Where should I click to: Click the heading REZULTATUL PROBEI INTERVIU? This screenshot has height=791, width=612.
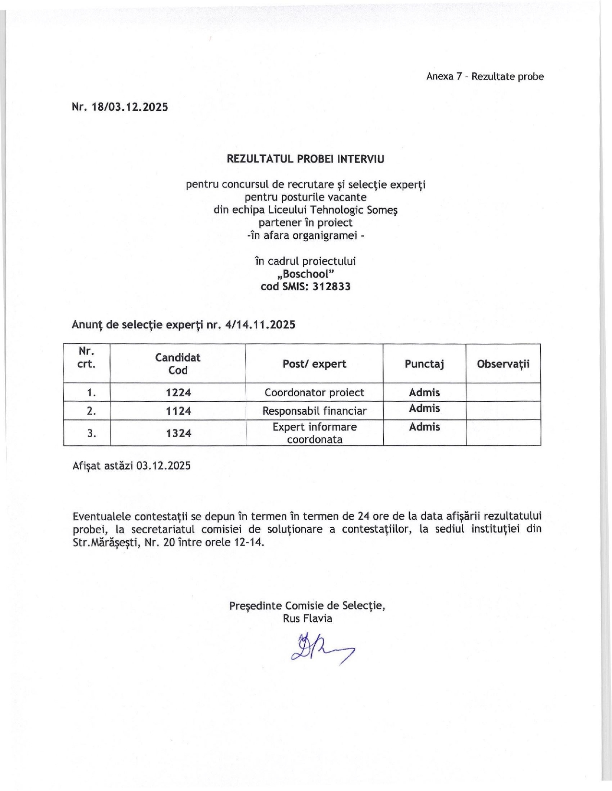click(305, 159)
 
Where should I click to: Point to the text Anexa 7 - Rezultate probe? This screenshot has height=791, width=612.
click(485, 77)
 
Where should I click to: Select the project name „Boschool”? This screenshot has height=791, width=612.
click(305, 274)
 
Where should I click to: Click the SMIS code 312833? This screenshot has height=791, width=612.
click(331, 287)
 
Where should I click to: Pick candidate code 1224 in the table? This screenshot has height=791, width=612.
click(179, 393)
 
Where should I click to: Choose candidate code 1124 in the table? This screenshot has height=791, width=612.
click(179, 411)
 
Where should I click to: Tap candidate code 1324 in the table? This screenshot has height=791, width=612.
click(179, 433)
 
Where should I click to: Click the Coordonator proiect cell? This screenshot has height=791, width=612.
click(314, 393)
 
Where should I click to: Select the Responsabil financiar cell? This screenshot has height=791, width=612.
click(314, 411)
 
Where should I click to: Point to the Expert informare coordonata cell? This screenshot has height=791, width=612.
click(314, 433)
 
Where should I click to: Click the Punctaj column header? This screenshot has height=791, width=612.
click(424, 364)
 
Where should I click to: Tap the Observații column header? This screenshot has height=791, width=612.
click(503, 364)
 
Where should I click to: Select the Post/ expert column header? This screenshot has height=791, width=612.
click(314, 364)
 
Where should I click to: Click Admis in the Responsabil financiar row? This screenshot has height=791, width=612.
click(424, 408)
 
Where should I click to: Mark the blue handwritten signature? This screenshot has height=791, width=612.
click(321, 649)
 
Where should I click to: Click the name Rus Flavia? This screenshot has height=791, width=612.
click(307, 618)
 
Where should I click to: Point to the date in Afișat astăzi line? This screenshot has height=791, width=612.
click(163, 465)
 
